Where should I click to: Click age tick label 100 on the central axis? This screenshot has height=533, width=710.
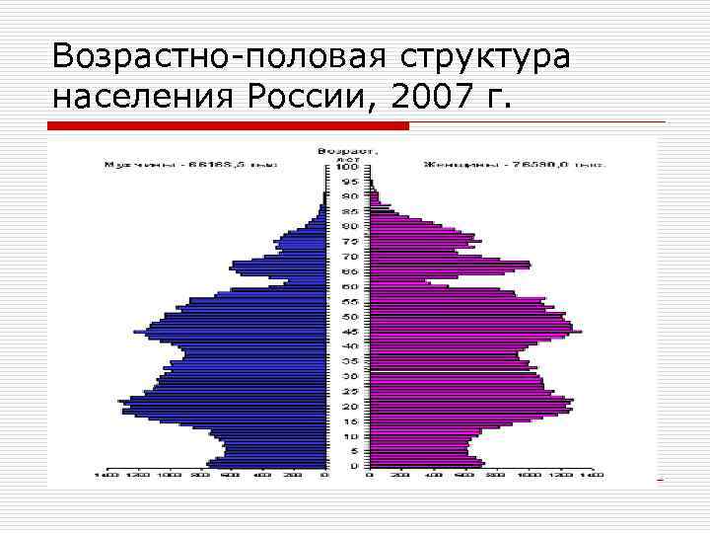coord(347,167)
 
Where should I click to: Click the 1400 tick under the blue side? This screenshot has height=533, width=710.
coord(106,476)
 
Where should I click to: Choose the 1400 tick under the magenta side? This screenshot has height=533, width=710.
coord(592,476)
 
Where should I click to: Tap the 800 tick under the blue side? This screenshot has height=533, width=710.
coord(200,476)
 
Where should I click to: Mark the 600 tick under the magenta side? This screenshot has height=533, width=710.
coord(465,476)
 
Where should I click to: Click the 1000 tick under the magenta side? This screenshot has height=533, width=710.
coord(529,476)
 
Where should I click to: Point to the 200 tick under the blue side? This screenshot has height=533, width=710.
coord(293,476)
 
